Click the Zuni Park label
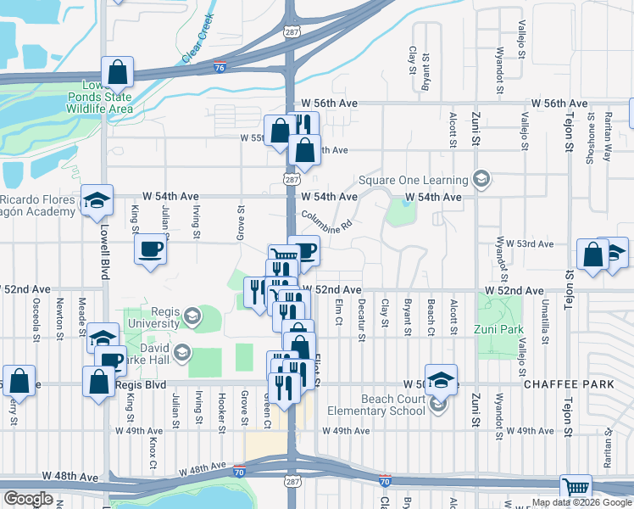click(501, 329)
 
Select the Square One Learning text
click(413, 180)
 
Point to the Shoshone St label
click(591, 140)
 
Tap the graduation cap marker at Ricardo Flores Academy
click(97, 200)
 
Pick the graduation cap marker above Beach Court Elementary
click(440, 379)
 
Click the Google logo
click(28, 499)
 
